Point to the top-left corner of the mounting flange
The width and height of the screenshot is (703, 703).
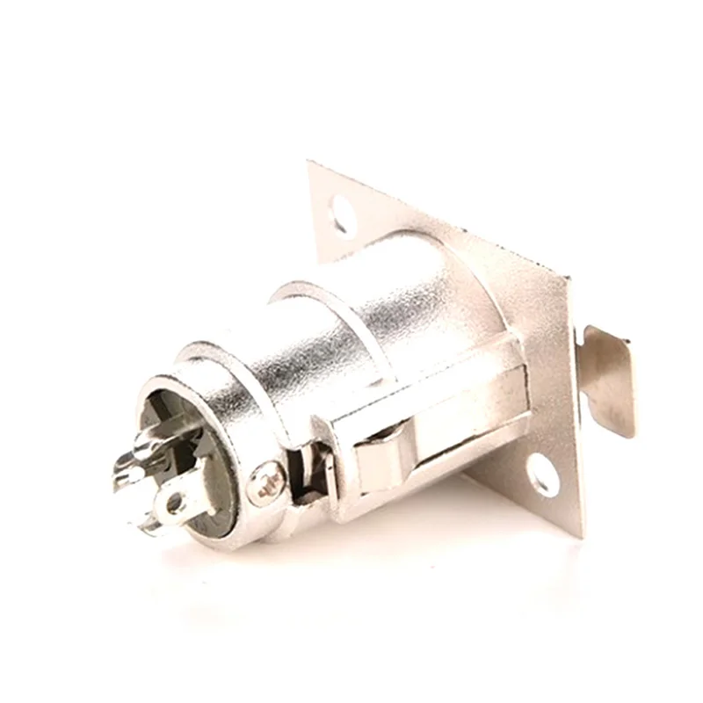(x=311, y=164)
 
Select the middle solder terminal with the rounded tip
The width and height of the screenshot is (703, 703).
(x=132, y=475)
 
